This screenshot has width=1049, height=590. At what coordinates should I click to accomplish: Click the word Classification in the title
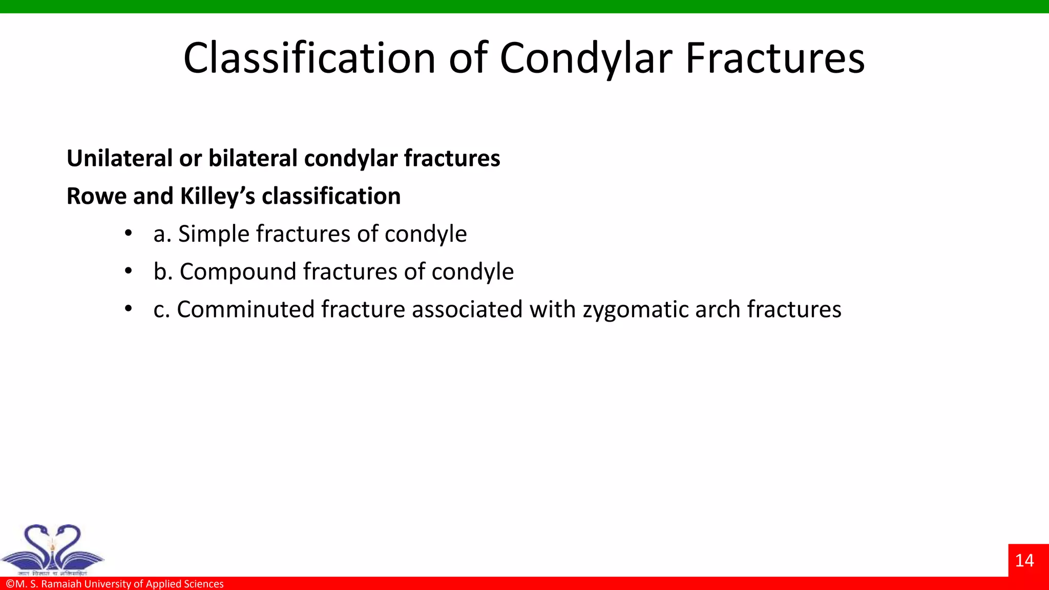(309, 58)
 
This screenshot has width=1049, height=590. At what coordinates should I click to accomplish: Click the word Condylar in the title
(585, 58)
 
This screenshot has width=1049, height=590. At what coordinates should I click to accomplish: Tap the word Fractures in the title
(775, 58)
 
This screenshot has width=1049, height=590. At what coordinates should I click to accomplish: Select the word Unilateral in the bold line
(120, 158)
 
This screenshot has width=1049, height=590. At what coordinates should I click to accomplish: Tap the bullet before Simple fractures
(129, 234)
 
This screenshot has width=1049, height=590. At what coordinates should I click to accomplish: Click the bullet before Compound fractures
(129, 271)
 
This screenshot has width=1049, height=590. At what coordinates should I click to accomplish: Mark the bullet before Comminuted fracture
(129, 309)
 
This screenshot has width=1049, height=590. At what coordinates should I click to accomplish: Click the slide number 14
(1024, 560)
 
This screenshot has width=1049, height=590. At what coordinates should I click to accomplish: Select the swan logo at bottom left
(53, 549)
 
